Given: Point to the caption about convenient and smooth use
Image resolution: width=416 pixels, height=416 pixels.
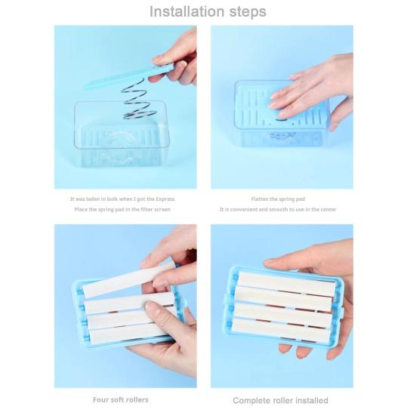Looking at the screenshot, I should [x=278, y=209].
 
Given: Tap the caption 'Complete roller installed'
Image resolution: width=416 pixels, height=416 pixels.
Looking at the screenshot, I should [x=280, y=400].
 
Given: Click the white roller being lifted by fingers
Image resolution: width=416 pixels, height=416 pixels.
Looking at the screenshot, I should [x=125, y=279].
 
